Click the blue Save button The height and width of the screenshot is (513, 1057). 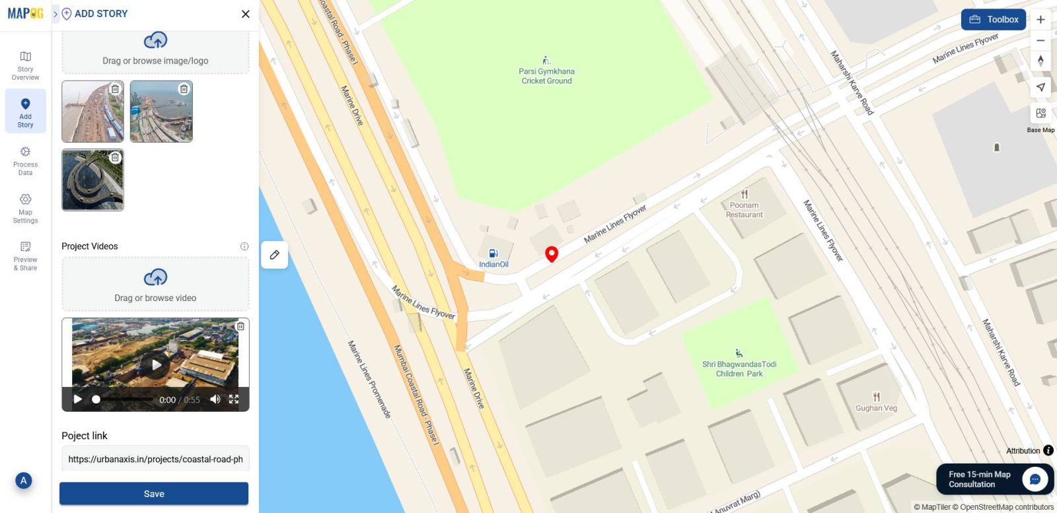point(154,494)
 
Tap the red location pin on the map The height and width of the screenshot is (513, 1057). point(552,254)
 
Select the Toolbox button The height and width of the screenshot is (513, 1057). point(994,20)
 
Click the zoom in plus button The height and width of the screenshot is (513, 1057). point(1040,20)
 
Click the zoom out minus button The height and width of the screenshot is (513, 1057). point(1040,41)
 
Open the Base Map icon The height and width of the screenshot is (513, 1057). point(1040,114)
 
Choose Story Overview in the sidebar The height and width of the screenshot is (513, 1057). point(26,65)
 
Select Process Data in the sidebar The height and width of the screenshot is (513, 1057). point(26,161)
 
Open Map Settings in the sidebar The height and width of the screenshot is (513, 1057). point(26,209)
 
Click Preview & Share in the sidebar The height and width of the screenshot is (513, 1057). point(26,256)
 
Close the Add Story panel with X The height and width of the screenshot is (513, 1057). point(246,14)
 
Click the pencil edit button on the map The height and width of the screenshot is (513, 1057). point(275,255)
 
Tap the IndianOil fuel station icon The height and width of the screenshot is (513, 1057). point(493,254)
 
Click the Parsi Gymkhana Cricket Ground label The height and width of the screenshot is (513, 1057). point(546,76)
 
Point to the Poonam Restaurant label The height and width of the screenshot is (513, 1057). point(745,210)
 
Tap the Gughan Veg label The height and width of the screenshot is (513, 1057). point(876,408)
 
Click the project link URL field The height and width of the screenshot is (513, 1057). point(155,460)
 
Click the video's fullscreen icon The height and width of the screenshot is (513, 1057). point(234,399)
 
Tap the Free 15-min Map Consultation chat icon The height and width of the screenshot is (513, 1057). point(1035,479)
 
